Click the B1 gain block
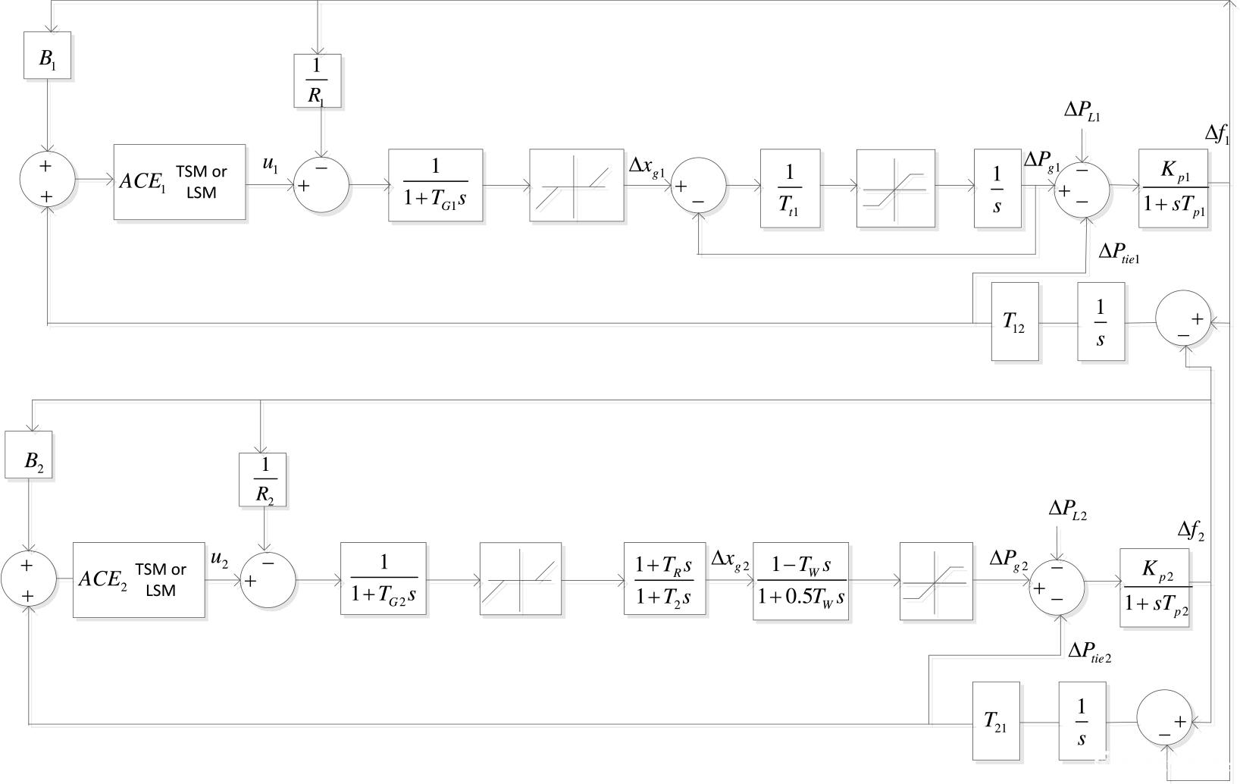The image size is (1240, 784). click(47, 55)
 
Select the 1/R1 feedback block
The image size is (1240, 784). click(318, 80)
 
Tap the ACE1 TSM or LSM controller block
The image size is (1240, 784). click(180, 182)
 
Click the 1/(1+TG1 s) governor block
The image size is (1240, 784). click(436, 185)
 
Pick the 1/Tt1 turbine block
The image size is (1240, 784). click(790, 188)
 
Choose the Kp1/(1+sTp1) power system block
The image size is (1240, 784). click(1173, 188)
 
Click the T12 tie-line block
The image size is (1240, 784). click(1015, 321)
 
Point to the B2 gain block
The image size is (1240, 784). click(29, 455)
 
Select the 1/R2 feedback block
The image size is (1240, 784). click(262, 480)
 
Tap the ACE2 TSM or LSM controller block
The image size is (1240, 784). click(139, 580)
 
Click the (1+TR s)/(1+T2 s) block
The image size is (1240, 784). click(665, 581)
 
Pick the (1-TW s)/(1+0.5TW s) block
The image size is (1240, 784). click(800, 581)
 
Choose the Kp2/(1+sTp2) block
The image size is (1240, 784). click(1154, 588)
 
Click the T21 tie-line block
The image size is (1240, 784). click(996, 721)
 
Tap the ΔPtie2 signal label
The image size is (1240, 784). click(1090, 651)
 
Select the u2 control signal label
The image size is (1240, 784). click(219, 560)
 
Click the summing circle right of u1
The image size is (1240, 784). click(321, 184)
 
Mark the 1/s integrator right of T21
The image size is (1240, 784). click(1082, 721)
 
